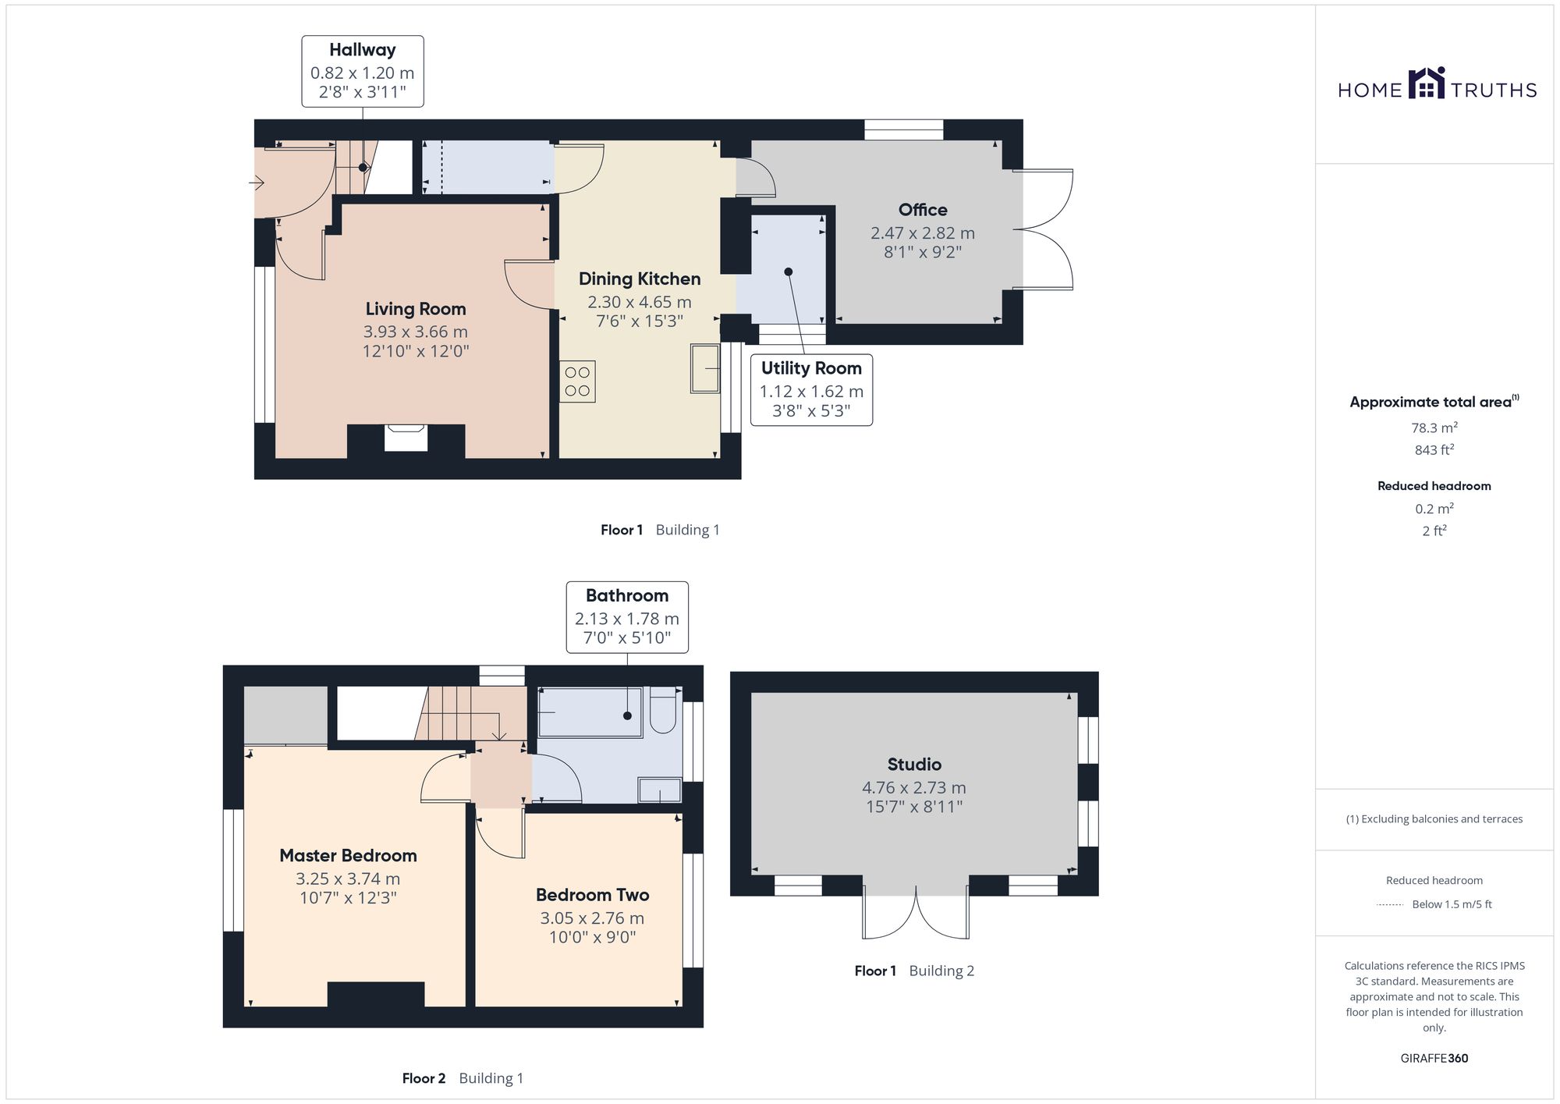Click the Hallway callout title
362,50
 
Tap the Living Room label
416,309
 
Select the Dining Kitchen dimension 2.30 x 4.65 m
640,302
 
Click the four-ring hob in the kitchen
577,382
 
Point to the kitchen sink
705,369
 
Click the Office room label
923,210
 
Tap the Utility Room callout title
811,368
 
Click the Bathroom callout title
627,596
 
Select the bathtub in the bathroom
590,712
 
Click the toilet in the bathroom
663,709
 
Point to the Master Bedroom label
348,856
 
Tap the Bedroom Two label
593,895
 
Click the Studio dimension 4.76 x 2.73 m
914,788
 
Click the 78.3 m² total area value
1434,428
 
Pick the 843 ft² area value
1434,449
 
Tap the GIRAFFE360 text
1434,1059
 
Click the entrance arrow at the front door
257,183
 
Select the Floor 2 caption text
424,1078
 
